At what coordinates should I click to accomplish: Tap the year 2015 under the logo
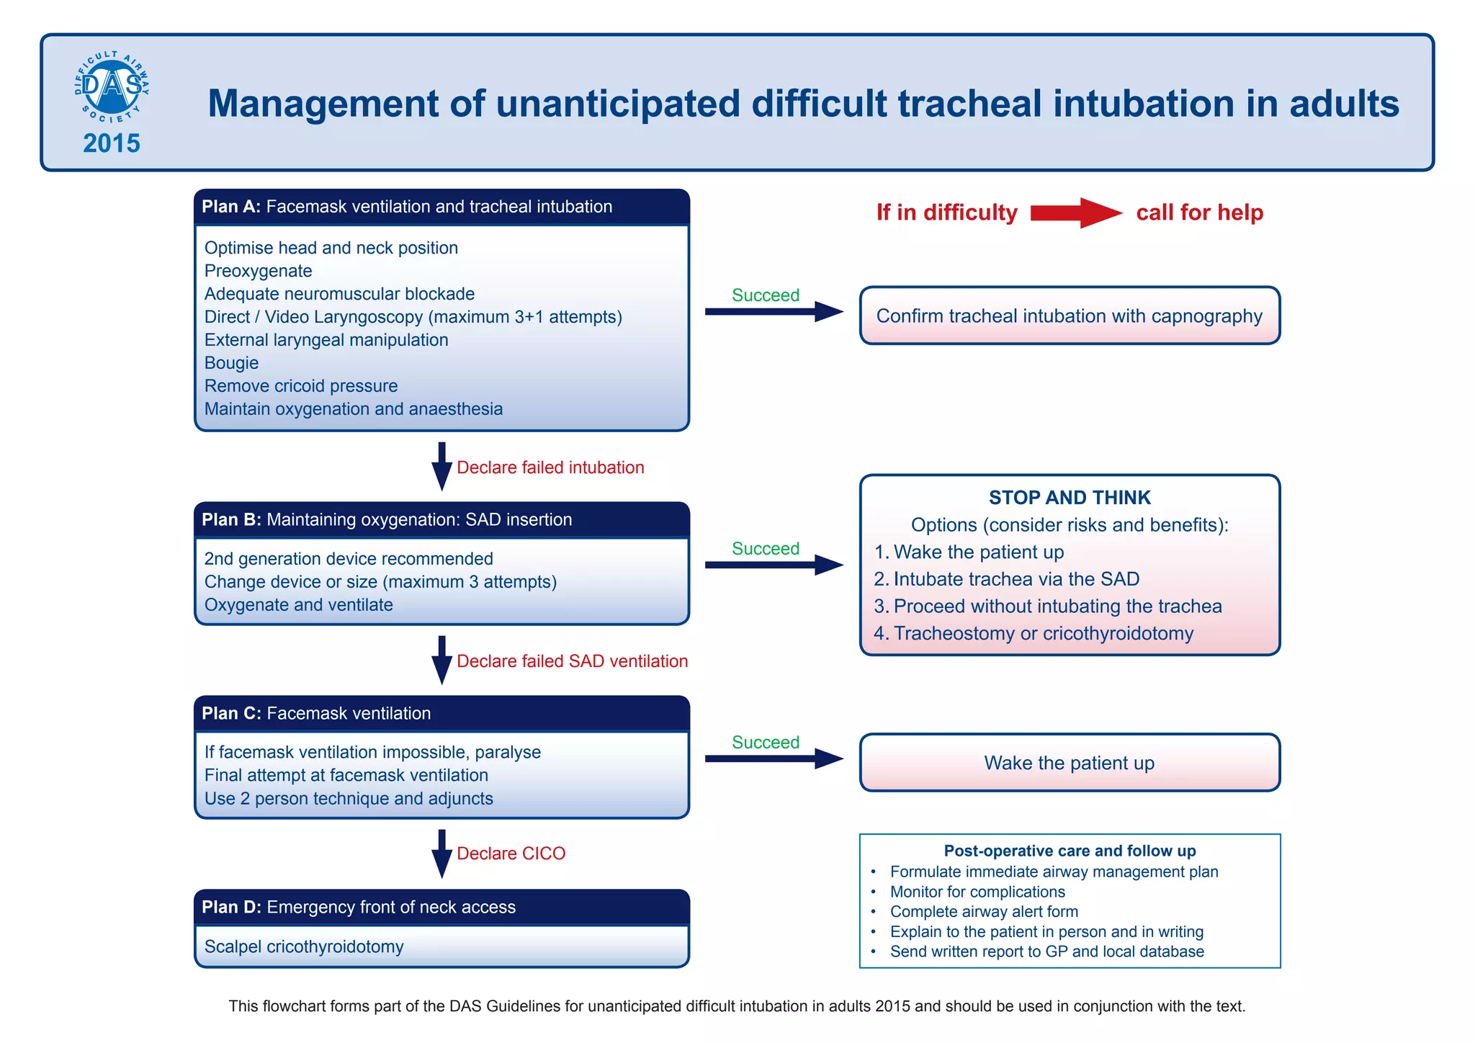112,143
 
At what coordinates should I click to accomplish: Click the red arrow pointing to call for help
1076,212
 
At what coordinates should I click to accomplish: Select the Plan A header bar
441,207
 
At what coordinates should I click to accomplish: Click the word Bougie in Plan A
231,363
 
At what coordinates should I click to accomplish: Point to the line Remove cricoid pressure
301,386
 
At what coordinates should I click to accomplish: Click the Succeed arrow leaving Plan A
774,312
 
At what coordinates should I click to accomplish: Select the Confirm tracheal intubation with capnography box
1070,315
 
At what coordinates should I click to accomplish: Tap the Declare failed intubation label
550,467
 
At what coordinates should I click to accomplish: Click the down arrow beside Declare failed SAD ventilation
441,659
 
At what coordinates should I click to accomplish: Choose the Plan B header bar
441,520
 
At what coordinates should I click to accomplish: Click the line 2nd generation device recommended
349,559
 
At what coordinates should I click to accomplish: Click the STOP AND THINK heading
1070,498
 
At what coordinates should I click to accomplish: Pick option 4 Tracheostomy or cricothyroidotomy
1034,633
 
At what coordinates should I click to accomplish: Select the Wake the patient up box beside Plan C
1070,763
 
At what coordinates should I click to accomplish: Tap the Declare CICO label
511,854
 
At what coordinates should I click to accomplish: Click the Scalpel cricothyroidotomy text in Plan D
304,946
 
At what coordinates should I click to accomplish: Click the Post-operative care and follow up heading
1070,851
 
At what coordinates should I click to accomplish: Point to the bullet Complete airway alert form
984,912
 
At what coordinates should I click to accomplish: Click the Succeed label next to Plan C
766,743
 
